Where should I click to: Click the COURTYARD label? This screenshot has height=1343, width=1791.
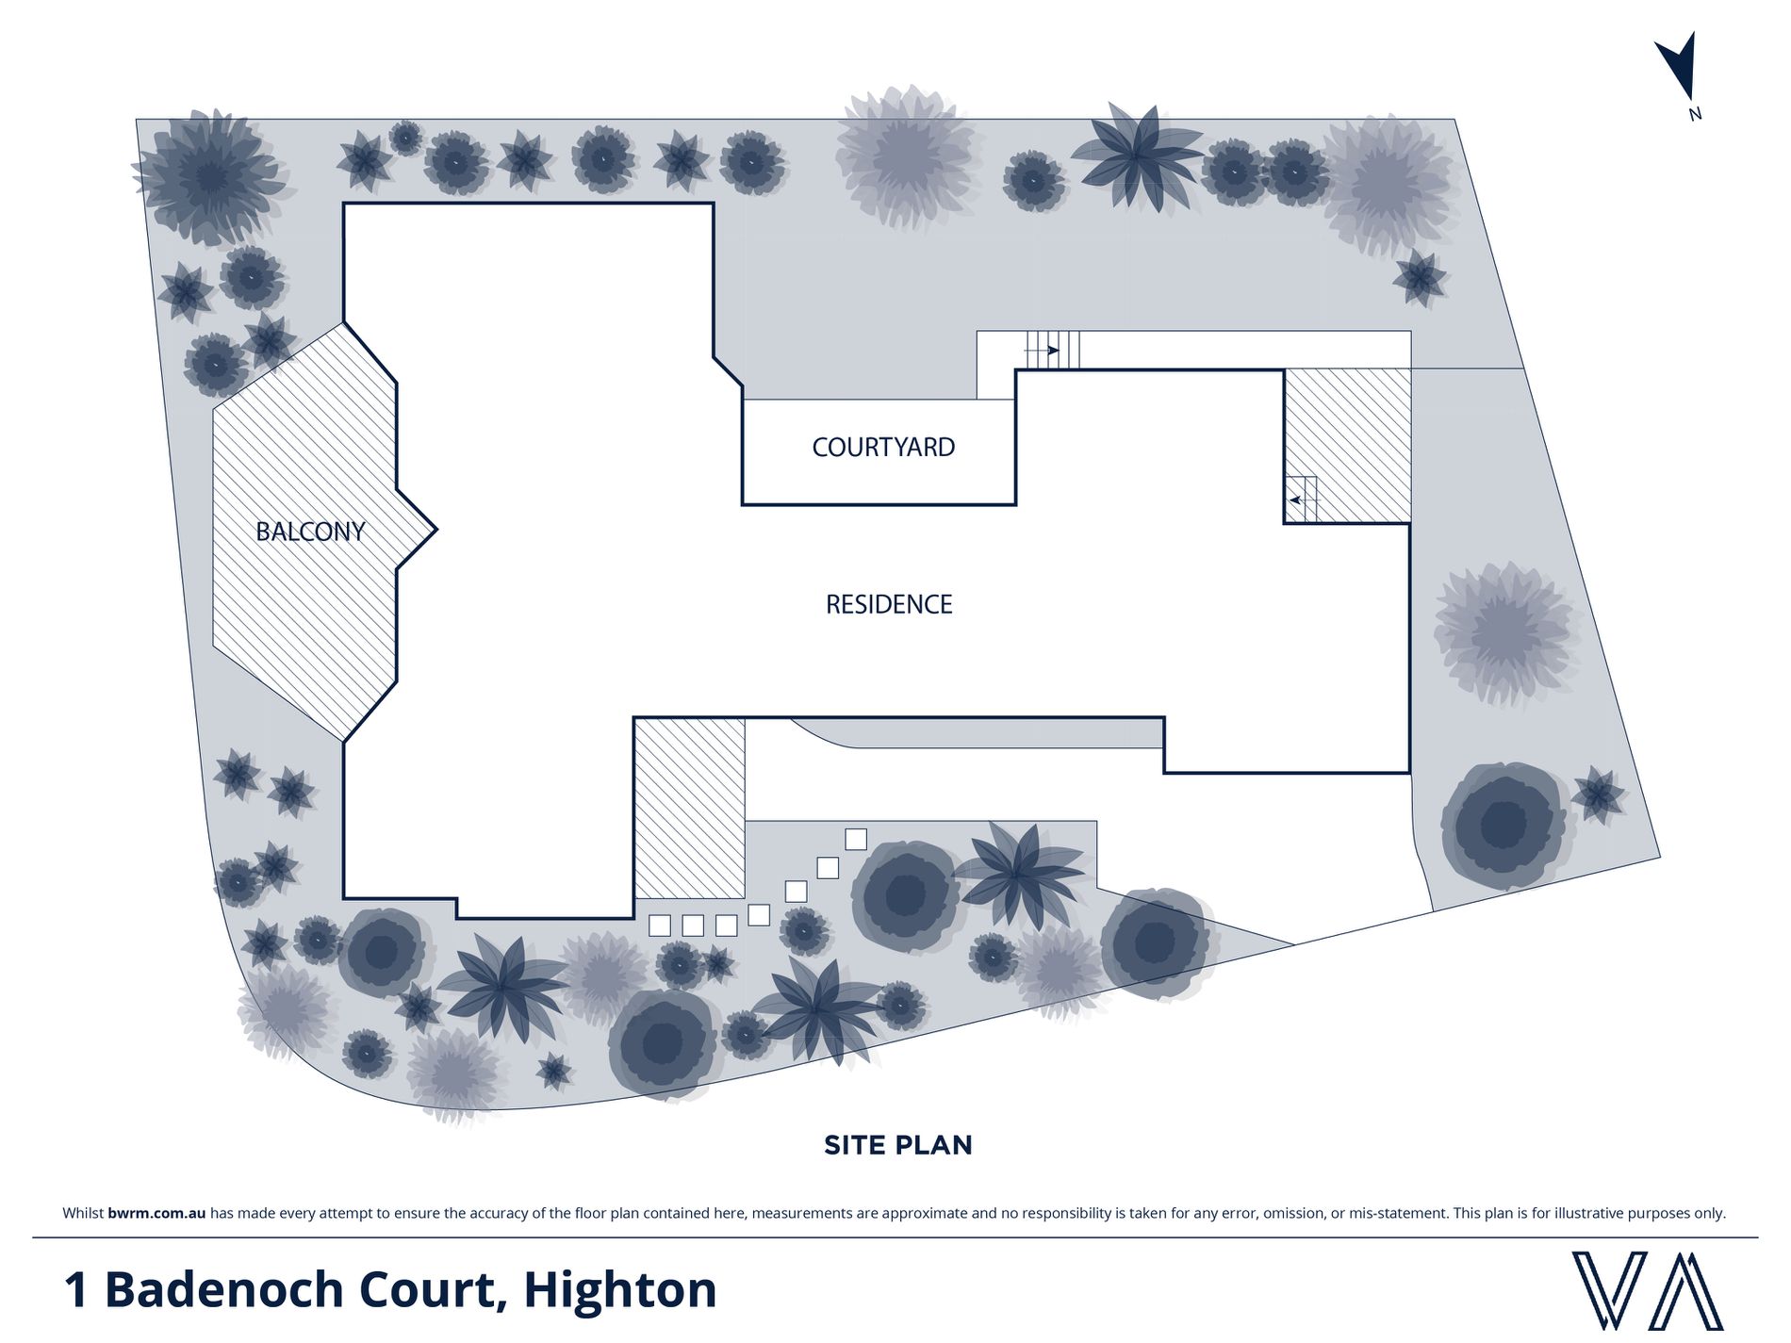click(883, 447)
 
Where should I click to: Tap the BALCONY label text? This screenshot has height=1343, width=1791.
click(310, 532)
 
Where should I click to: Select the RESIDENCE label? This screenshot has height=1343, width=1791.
click(889, 604)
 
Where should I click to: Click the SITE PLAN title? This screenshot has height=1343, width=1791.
click(897, 1145)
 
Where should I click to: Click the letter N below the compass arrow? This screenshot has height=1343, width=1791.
click(1695, 114)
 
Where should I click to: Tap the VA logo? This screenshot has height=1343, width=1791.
click(1647, 1290)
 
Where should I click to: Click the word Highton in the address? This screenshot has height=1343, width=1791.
click(620, 1289)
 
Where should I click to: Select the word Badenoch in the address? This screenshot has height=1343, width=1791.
click(225, 1289)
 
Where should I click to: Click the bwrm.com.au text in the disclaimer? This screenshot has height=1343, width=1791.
click(156, 1213)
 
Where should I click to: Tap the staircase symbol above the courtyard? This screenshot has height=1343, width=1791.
click(1052, 350)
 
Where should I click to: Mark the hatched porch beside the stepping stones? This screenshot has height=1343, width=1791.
click(690, 809)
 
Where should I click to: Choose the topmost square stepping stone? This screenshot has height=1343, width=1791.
click(856, 839)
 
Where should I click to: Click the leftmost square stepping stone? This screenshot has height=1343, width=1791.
click(660, 925)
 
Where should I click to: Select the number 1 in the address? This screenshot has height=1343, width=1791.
click(76, 1290)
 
